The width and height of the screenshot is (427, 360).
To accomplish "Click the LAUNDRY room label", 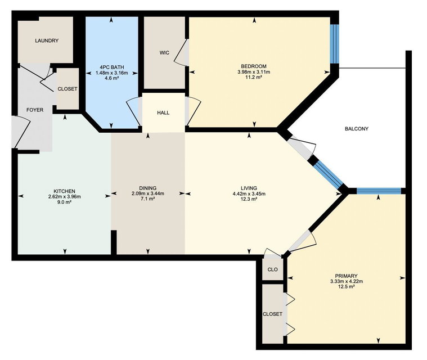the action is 47,40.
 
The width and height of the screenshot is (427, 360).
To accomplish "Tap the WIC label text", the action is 164,52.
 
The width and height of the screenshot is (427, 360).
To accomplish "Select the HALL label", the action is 163,112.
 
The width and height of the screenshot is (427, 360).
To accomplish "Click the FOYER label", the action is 35,110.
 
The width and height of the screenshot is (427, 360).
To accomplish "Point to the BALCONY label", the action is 357,129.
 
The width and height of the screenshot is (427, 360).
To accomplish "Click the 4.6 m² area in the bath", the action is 111,78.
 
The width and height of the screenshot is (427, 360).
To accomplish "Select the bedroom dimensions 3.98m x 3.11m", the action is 254,72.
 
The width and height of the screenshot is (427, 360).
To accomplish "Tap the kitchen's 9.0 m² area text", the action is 65,202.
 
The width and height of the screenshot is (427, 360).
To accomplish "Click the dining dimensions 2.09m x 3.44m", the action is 148,193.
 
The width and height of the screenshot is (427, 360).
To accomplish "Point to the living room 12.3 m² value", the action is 249,199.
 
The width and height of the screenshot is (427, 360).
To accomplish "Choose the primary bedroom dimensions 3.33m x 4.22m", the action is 347,281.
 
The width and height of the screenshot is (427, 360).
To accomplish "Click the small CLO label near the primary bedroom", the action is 273,269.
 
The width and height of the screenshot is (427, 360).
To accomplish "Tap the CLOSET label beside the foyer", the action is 68,89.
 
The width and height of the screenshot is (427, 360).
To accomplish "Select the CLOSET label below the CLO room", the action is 273,314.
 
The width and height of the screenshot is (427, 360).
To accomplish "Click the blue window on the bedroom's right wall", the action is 334,44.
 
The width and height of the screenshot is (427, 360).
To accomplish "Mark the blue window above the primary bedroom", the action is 379,191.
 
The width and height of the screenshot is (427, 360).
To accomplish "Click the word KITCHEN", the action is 64,191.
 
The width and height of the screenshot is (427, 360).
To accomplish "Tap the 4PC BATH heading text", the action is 111,67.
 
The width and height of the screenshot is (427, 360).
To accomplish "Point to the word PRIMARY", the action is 347,276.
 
